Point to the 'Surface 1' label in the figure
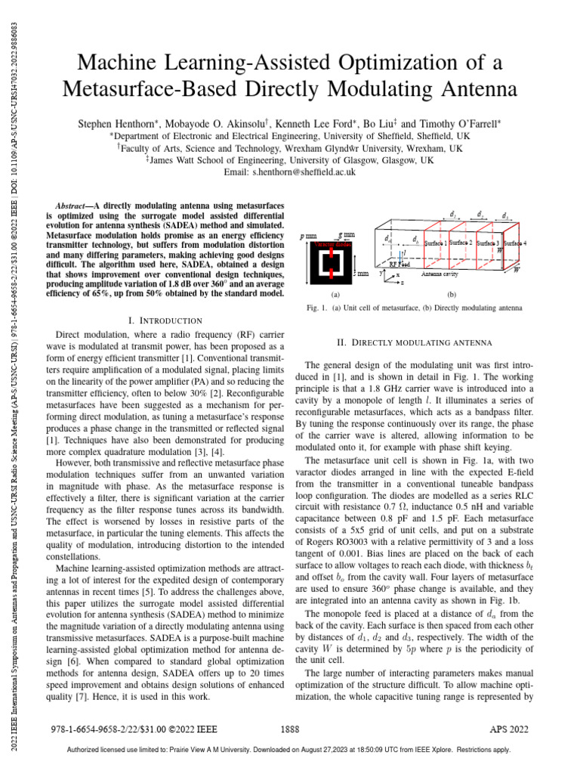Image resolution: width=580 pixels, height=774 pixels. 437,243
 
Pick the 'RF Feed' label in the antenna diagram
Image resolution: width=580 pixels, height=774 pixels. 400,265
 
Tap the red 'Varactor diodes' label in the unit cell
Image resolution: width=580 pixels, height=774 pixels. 328,245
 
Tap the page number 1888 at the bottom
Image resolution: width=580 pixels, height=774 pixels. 290,732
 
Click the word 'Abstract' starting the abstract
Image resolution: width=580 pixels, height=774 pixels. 74,205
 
